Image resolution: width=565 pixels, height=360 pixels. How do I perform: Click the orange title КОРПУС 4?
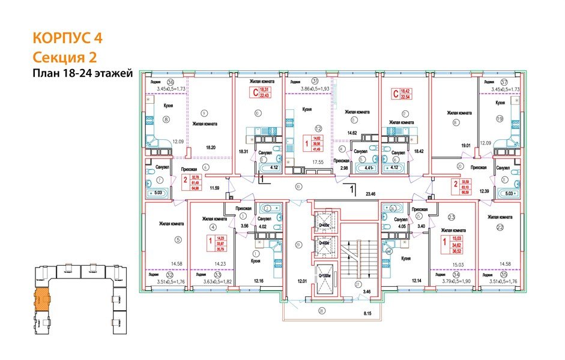[x=67, y=38]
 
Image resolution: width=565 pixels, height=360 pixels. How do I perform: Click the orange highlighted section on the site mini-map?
[x=42, y=298]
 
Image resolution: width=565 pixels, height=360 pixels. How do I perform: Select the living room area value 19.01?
[x=462, y=145]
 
